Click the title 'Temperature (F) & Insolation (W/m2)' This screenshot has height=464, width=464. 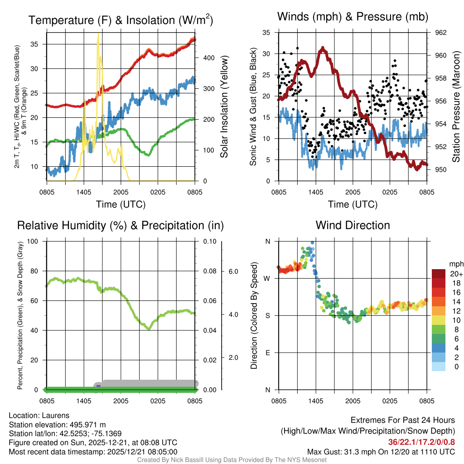(121, 20)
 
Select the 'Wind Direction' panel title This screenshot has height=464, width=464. (353, 225)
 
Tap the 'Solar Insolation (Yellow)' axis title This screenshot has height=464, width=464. (224, 107)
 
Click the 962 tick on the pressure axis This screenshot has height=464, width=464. (441, 33)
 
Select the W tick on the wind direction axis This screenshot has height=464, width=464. (267, 278)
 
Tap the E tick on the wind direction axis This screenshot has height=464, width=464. (267, 353)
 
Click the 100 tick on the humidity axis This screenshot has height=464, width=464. (36, 241)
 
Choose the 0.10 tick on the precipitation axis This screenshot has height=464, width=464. (209, 241)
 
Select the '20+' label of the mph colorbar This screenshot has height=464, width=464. (456, 274)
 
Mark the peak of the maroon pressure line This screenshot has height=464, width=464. (322, 48)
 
